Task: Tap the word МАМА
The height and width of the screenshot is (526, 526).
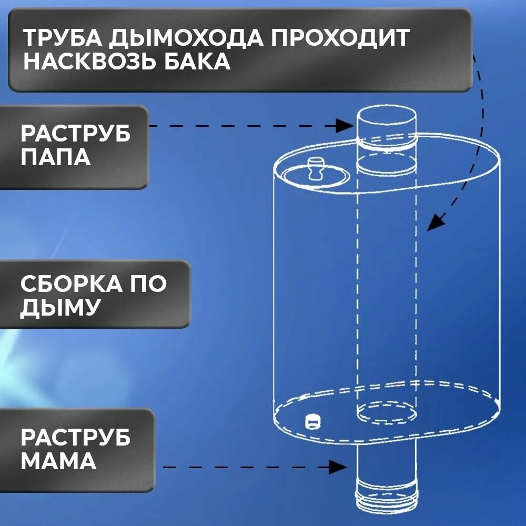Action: pos(58,461)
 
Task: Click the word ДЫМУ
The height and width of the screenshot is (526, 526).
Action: pos(59,308)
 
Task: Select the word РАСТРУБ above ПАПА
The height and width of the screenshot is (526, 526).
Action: pos(76,133)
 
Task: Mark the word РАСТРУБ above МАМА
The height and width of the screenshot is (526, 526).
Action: pos(76,438)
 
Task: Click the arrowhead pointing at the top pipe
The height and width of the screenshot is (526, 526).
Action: pos(345,125)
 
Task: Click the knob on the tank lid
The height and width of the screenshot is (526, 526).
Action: pos(316,167)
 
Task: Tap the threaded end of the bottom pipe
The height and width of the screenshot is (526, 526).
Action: pos(384,503)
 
